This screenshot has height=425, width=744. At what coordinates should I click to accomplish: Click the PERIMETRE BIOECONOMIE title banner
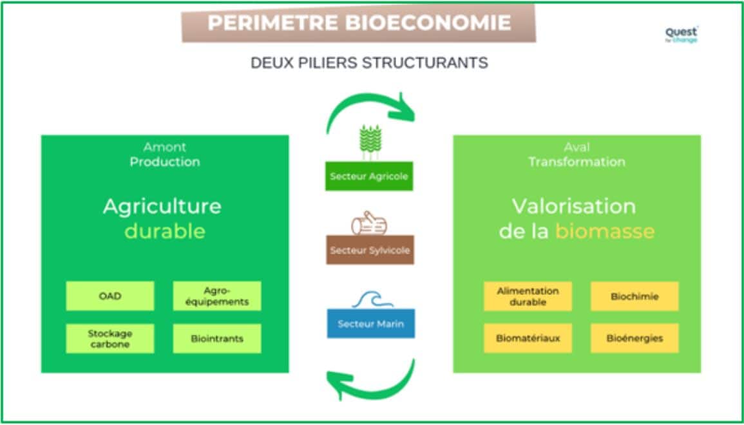pyautogui.click(x=359, y=23)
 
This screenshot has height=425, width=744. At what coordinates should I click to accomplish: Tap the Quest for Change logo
pyautogui.click(x=682, y=34)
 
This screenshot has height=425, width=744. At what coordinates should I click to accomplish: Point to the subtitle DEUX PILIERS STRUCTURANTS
pyautogui.click(x=369, y=63)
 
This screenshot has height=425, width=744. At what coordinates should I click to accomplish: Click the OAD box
pyautogui.click(x=110, y=296)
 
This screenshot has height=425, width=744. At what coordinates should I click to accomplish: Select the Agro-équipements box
pyautogui.click(x=217, y=296)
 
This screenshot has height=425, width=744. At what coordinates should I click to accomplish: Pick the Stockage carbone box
pyautogui.click(x=110, y=338)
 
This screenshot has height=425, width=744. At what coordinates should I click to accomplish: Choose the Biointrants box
pyautogui.click(x=217, y=338)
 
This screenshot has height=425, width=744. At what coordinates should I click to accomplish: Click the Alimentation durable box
pyautogui.click(x=528, y=296)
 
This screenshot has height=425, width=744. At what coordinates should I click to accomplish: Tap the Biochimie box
pyautogui.click(x=634, y=297)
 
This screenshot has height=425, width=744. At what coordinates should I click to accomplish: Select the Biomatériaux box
pyautogui.click(x=528, y=338)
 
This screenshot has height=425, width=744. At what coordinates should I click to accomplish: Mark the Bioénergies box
pyautogui.click(x=634, y=338)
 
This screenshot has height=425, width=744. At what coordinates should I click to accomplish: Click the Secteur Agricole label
pyautogui.click(x=369, y=176)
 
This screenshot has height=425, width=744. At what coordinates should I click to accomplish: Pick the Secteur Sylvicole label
pyautogui.click(x=370, y=250)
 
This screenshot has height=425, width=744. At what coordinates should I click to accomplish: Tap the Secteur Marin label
pyautogui.click(x=370, y=323)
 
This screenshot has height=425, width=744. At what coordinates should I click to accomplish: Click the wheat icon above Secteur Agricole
pyautogui.click(x=370, y=142)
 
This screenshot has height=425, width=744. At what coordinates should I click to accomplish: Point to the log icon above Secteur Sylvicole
pyautogui.click(x=369, y=223)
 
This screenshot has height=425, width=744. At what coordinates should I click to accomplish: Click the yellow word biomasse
pyautogui.click(x=604, y=231)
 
